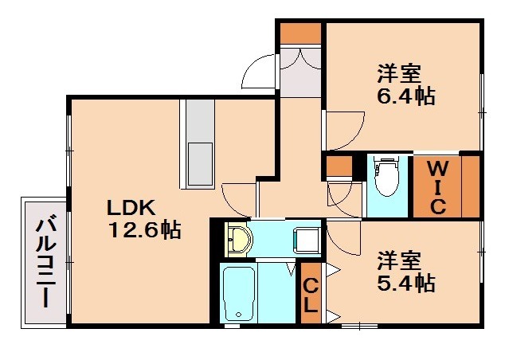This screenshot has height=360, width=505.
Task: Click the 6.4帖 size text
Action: pos(405,97)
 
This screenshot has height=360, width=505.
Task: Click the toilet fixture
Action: pos(386,177)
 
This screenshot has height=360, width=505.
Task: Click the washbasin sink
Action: pos(238,238)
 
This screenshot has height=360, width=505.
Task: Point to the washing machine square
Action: pos(307,239)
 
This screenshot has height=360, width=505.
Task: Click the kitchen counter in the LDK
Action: pos(198,143)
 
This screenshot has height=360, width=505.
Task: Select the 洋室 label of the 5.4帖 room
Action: pos(399,260)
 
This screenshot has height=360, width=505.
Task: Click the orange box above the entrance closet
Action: pos(300,33)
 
